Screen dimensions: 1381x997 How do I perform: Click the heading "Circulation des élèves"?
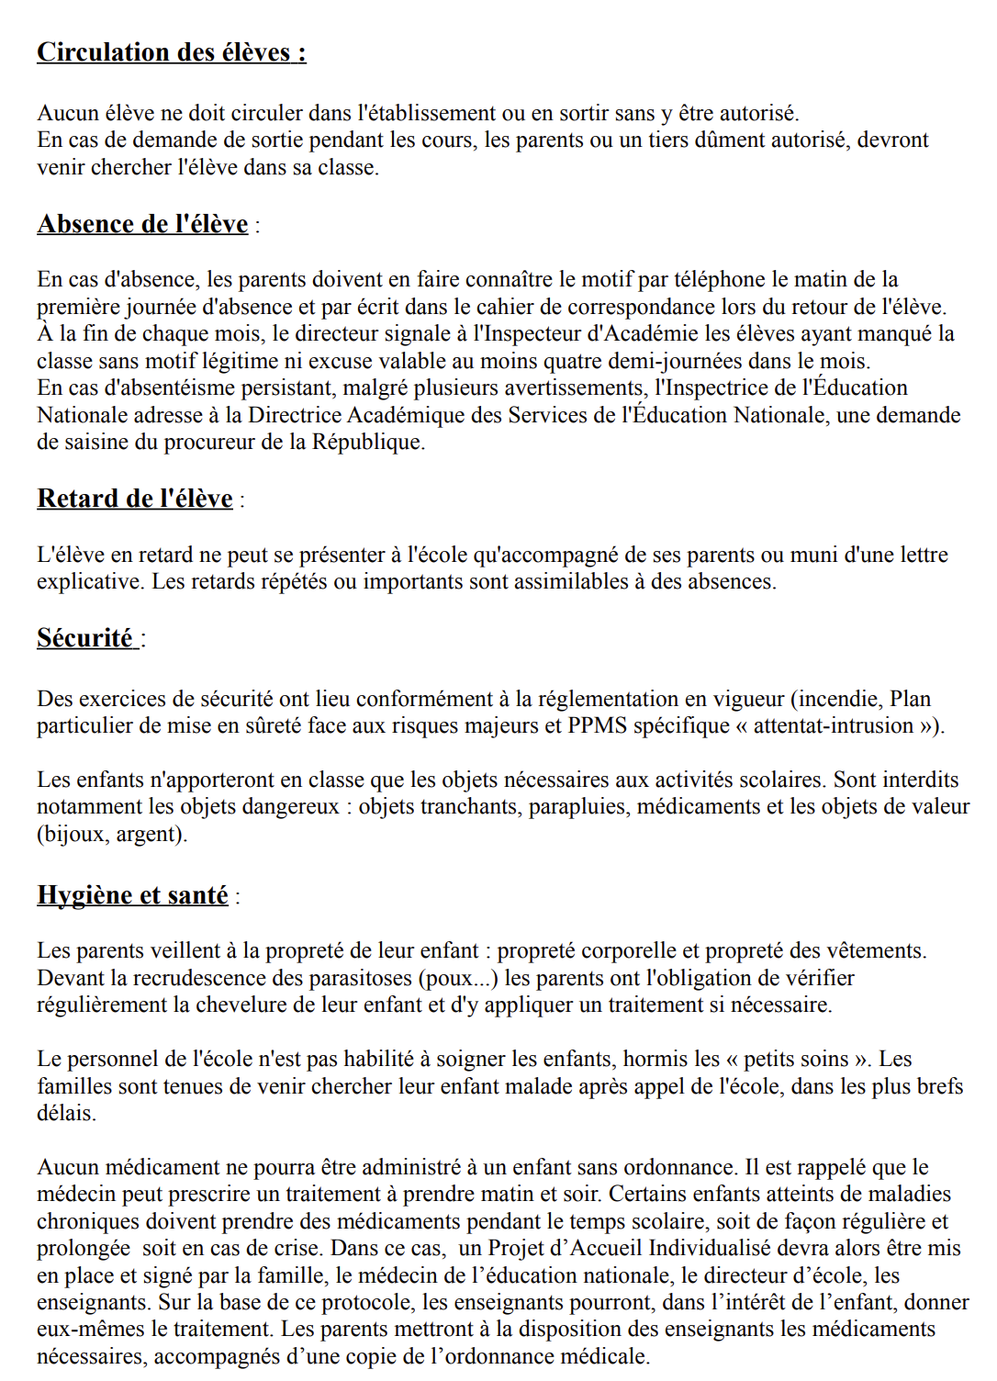point(171,52)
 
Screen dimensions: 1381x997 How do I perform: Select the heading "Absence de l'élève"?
point(142,224)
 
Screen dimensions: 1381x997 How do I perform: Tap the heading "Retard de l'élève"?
point(134,499)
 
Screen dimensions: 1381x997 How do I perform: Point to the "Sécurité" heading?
point(84,638)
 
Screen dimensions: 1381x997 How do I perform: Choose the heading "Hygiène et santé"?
point(132,895)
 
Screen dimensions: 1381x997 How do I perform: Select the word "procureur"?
point(207,443)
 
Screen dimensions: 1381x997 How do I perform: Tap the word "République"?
point(367,443)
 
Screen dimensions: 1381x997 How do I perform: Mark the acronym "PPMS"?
point(597,726)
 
